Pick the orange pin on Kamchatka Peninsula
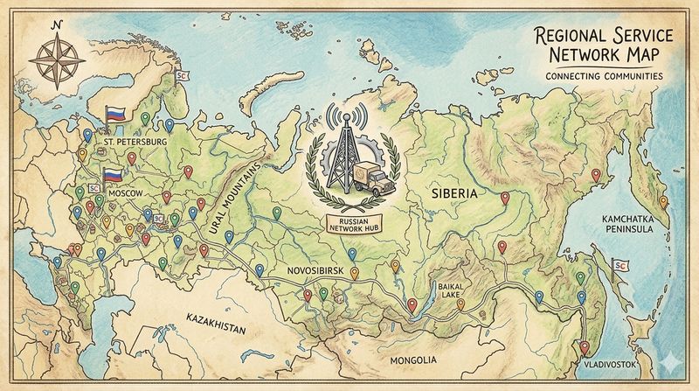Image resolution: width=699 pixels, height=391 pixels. (662, 202)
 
